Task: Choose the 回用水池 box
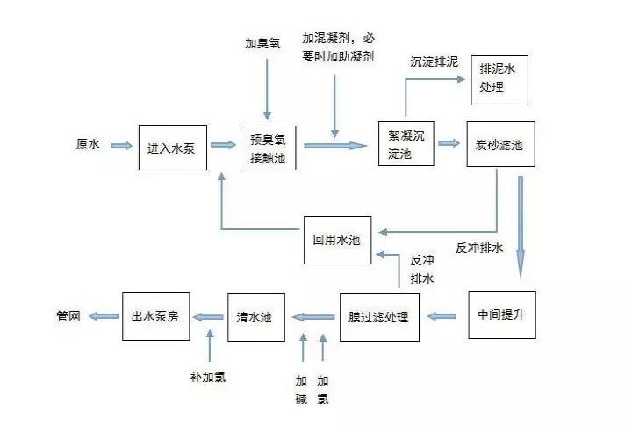pos(337,238)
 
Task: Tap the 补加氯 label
pos(208,376)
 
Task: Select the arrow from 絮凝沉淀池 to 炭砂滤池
pos(449,143)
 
